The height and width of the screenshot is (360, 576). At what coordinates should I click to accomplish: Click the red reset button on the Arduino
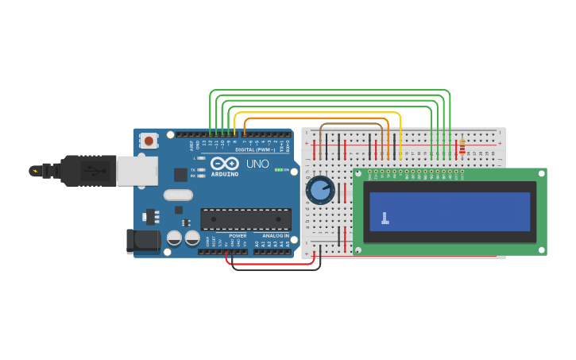[x=148, y=141]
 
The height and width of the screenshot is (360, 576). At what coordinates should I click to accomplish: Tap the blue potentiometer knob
[x=320, y=190]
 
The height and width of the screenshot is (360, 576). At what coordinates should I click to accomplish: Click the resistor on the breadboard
[x=462, y=147]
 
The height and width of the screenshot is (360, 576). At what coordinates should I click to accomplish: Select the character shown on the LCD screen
[x=385, y=218]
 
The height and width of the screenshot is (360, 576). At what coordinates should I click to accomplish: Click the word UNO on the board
[x=257, y=164]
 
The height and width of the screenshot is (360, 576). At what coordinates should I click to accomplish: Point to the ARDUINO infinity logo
[x=224, y=163]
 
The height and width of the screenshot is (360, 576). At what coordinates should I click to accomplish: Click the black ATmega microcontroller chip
[x=245, y=219]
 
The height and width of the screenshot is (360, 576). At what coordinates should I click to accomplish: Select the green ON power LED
[x=277, y=169]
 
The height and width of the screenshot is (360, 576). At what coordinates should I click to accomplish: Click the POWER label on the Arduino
[x=238, y=236]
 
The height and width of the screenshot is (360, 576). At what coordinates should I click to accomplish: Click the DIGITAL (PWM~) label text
[x=255, y=149]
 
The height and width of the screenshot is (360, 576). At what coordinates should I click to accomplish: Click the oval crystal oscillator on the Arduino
[x=178, y=195]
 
